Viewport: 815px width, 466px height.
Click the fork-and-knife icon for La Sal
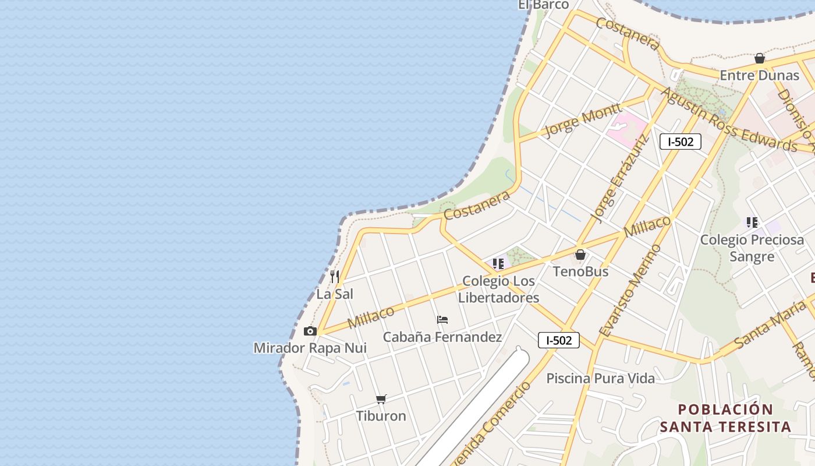click(x=335, y=276)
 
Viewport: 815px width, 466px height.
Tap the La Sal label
click(x=335, y=294)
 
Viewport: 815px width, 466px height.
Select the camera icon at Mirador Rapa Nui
click(x=310, y=331)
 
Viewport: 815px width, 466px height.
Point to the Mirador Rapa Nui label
click(x=310, y=348)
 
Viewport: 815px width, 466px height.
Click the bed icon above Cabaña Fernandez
click(x=442, y=320)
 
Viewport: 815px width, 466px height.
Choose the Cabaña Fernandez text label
click(x=442, y=337)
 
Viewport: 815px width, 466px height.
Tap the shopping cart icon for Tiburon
click(x=381, y=399)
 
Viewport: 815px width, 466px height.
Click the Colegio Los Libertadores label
click(x=498, y=290)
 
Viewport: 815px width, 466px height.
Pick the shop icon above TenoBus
click(x=580, y=255)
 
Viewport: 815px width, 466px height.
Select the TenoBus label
click(x=580, y=271)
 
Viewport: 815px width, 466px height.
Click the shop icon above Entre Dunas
click(x=760, y=58)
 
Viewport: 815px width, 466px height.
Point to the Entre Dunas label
click(x=760, y=76)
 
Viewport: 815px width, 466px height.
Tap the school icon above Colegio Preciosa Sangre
click(x=752, y=222)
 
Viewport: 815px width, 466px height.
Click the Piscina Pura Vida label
click(x=600, y=379)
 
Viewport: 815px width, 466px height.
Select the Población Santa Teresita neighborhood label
click(x=725, y=418)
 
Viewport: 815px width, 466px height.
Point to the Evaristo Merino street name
click(x=631, y=291)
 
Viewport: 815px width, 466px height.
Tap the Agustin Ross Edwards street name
click(x=729, y=121)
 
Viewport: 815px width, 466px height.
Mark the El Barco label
click(x=543, y=5)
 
